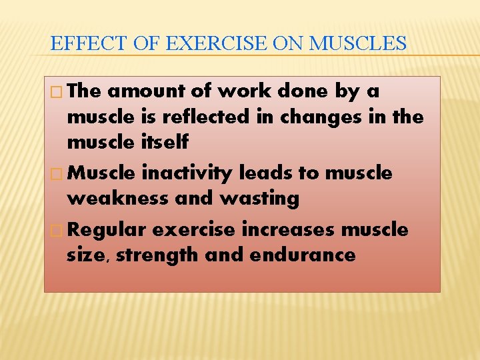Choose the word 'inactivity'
pos(187,173)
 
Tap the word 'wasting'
pos(261,199)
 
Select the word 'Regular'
pos(107,230)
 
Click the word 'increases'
pos(289,230)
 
